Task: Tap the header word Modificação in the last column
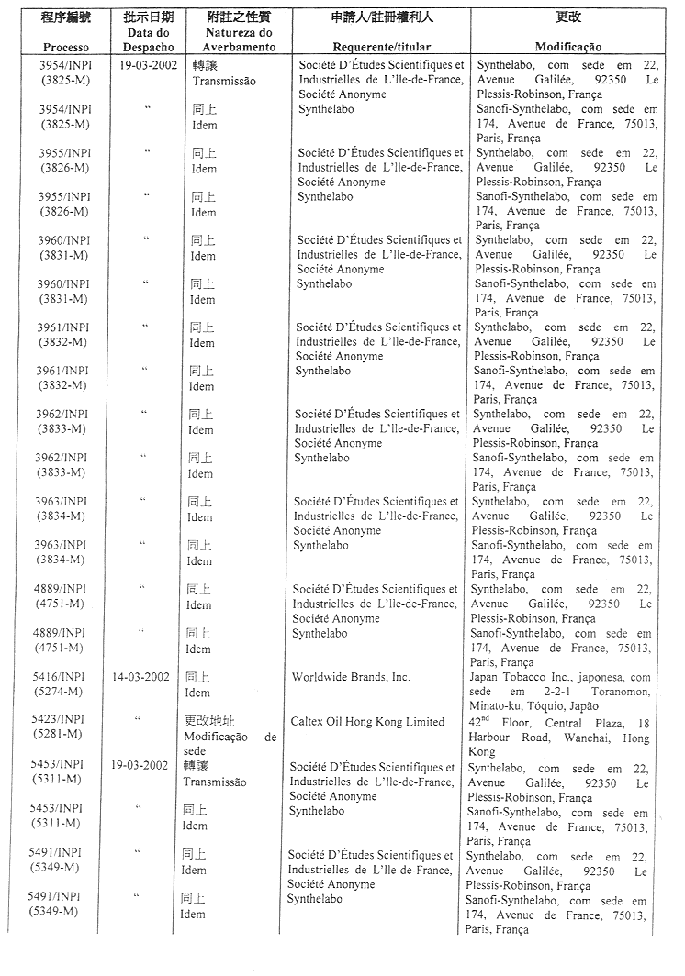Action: point(567,46)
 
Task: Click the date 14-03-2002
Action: point(140,678)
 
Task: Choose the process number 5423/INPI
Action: point(60,722)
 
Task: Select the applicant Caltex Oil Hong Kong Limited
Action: point(367,722)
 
